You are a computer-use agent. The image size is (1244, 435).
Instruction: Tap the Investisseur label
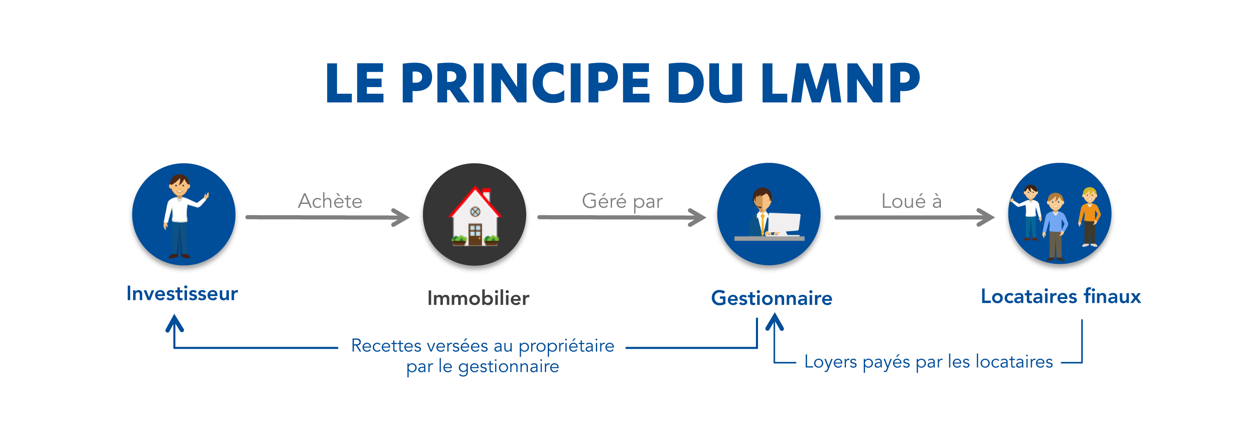pyautogui.click(x=182, y=294)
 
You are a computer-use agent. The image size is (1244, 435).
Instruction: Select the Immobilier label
pyautogui.click(x=478, y=298)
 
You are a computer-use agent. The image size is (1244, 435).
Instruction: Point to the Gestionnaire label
pyautogui.click(x=771, y=298)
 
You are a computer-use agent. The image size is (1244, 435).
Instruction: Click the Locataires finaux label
pyautogui.click(x=1060, y=296)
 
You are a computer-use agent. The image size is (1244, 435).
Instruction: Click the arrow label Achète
pyautogui.click(x=330, y=201)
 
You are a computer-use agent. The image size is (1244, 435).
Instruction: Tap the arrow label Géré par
pyautogui.click(x=622, y=201)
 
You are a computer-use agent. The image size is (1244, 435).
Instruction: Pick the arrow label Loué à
pyautogui.click(x=911, y=201)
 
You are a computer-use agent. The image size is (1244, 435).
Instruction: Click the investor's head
pyautogui.click(x=179, y=185)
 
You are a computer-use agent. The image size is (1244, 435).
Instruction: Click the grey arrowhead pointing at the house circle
pyautogui.click(x=401, y=217)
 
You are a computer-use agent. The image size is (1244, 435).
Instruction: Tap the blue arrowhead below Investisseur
pyautogui.click(x=174, y=323)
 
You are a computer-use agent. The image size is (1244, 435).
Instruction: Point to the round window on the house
pyautogui.click(x=475, y=211)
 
